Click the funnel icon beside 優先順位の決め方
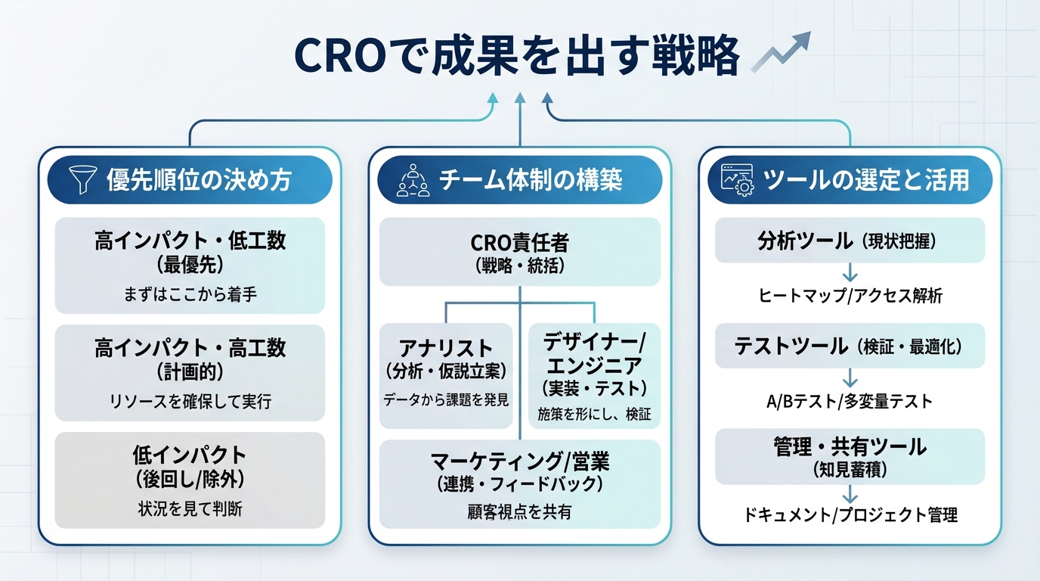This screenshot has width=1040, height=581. click(80, 180)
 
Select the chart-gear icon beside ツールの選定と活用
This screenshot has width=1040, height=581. click(736, 180)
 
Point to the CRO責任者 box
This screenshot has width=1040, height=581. click(519, 252)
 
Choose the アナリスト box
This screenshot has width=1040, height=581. click(445, 375)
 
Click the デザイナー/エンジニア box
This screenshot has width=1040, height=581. click(593, 375)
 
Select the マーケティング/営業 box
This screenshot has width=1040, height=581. click(519, 484)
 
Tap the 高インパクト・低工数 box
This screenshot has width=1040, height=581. click(190, 265)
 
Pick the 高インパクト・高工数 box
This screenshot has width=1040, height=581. click(190, 372)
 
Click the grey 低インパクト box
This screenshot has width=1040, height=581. click(190, 480)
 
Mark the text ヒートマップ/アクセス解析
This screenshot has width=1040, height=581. click(850, 296)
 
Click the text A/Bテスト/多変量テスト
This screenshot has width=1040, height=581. click(850, 402)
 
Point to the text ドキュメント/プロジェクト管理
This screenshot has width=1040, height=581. click(850, 515)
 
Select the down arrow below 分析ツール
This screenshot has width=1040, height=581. click(850, 272)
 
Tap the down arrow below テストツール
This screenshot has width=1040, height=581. click(850, 377)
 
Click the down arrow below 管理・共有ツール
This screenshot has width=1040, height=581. click(850, 492)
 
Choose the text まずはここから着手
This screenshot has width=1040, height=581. click(190, 294)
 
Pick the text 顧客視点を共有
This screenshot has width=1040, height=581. click(519, 512)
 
